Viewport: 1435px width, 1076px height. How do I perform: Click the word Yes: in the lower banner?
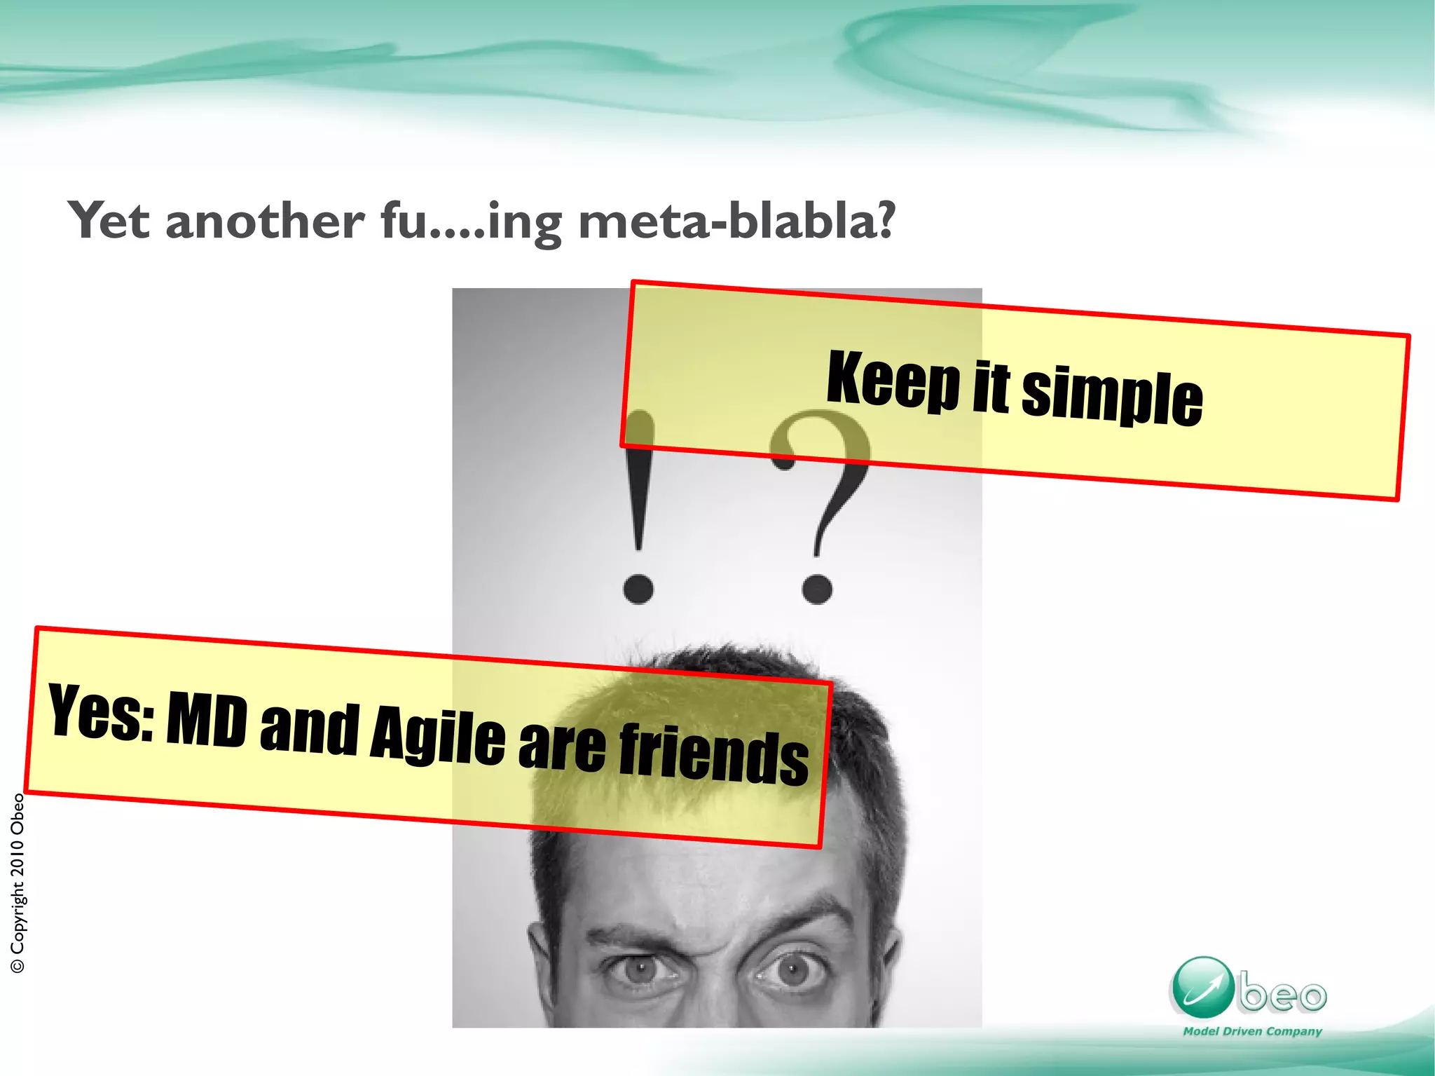(102, 713)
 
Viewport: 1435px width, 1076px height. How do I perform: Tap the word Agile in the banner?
(437, 736)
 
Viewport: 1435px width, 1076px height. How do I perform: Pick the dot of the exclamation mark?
(638, 588)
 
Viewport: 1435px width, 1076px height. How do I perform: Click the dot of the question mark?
(817, 588)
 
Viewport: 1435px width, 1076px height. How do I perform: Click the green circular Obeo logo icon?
(1202, 988)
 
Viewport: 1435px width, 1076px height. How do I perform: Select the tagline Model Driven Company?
(1252, 1031)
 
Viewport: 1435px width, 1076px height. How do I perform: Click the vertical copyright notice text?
(18, 883)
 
